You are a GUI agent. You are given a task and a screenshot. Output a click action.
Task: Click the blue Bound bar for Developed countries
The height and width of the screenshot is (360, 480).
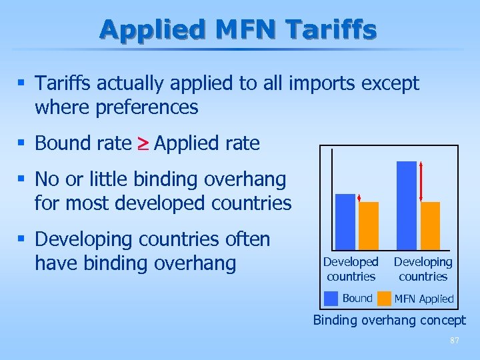coord(345,221)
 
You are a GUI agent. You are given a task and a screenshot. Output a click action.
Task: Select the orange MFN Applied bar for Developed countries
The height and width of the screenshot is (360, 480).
coord(369,225)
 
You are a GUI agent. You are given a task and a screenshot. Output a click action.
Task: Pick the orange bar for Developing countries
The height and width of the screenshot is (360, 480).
coord(431,225)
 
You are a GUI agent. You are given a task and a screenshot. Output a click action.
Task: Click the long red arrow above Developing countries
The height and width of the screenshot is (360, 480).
coord(421,181)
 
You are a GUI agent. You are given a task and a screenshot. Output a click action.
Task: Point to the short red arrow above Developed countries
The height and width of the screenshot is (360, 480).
coord(359,198)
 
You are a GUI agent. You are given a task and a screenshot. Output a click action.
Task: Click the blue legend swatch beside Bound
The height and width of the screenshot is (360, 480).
coord(331,298)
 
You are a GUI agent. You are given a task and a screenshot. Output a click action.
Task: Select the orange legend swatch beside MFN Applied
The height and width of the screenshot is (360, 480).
coord(384,298)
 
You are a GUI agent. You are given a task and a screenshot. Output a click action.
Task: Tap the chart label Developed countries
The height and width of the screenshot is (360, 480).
coord(351,269)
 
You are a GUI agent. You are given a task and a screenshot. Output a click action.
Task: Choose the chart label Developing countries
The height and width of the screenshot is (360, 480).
coord(423,269)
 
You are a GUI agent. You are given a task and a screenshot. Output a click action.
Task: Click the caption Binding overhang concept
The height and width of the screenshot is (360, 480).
coord(389,321)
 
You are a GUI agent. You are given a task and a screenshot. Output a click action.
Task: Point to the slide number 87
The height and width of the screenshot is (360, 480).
coord(455,341)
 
